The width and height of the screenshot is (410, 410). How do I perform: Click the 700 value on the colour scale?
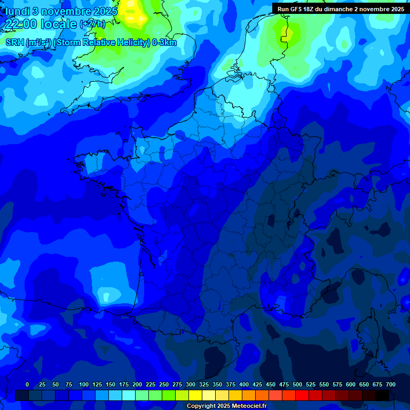pos(391,384)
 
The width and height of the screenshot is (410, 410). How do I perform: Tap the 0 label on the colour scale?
pos(27,384)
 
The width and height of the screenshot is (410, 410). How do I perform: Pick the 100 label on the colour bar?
pos(84,384)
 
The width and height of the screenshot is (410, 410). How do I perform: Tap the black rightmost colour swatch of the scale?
pos(382,395)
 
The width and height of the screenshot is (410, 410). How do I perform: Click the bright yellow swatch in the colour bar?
pos(195,395)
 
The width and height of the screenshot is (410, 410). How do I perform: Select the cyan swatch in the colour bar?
pos(128,395)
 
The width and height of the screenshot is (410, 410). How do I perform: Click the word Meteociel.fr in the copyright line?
pos(249,406)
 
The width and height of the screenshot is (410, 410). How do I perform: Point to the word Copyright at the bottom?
pos(202,406)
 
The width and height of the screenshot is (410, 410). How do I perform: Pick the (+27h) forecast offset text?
pos(92,25)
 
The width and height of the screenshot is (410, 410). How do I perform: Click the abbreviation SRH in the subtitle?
pos(14,43)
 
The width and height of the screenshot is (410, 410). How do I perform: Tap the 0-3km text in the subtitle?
pos(164,43)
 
